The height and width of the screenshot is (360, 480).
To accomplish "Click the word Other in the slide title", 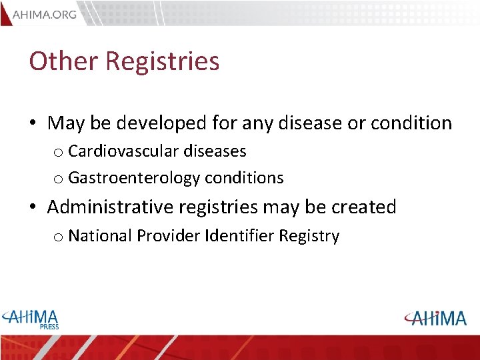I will pyautogui.click(x=63, y=61).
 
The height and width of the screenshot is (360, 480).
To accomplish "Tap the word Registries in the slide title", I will pyautogui.click(x=163, y=61).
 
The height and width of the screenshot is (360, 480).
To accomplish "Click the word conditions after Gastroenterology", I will pyautogui.click(x=244, y=179).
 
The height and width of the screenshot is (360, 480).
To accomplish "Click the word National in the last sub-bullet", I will pyautogui.click(x=99, y=236).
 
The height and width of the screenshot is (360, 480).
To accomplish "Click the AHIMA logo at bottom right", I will pyautogui.click(x=435, y=318).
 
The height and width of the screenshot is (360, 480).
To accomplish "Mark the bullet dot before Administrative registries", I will pyautogui.click(x=33, y=208).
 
